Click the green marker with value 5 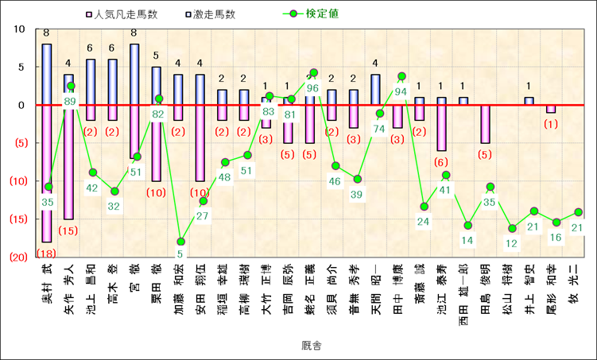click(180, 242)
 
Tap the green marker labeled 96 click(313, 73)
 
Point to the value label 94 click(401, 91)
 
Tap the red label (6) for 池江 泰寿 click(441, 162)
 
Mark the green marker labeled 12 click(512, 229)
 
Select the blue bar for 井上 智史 click(529, 101)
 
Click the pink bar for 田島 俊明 click(485, 124)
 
